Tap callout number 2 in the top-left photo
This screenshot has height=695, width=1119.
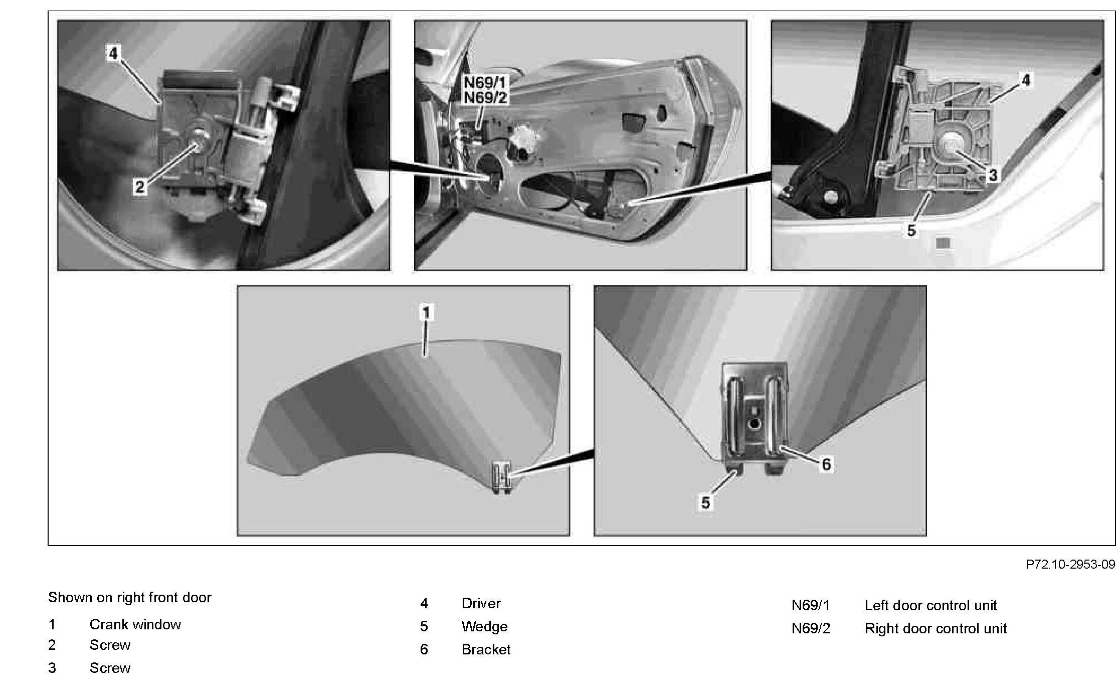click(x=139, y=188)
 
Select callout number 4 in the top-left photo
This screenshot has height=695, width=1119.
click(x=114, y=53)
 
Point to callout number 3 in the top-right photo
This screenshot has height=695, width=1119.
click(x=992, y=175)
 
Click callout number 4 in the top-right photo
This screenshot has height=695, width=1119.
click(x=1025, y=80)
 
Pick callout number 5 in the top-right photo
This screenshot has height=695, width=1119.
click(x=911, y=231)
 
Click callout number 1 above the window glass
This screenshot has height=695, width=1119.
click(x=426, y=313)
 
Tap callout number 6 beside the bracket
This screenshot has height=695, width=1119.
click(x=826, y=464)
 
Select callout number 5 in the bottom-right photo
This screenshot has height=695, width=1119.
click(x=705, y=502)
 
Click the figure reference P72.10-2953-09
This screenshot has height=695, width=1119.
click(x=1070, y=564)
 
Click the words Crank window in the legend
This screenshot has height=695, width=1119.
click(x=135, y=624)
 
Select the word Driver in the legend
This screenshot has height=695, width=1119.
click(x=481, y=603)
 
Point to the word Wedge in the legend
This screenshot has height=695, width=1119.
click(x=484, y=626)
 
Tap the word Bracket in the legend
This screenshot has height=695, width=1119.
click(x=486, y=649)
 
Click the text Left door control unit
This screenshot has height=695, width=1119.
click(x=930, y=605)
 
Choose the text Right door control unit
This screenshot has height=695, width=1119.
click(x=936, y=628)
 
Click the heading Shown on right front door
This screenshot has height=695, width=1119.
click(x=129, y=597)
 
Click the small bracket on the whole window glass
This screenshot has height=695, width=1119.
click(x=502, y=477)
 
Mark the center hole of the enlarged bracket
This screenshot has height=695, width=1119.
click(x=753, y=424)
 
